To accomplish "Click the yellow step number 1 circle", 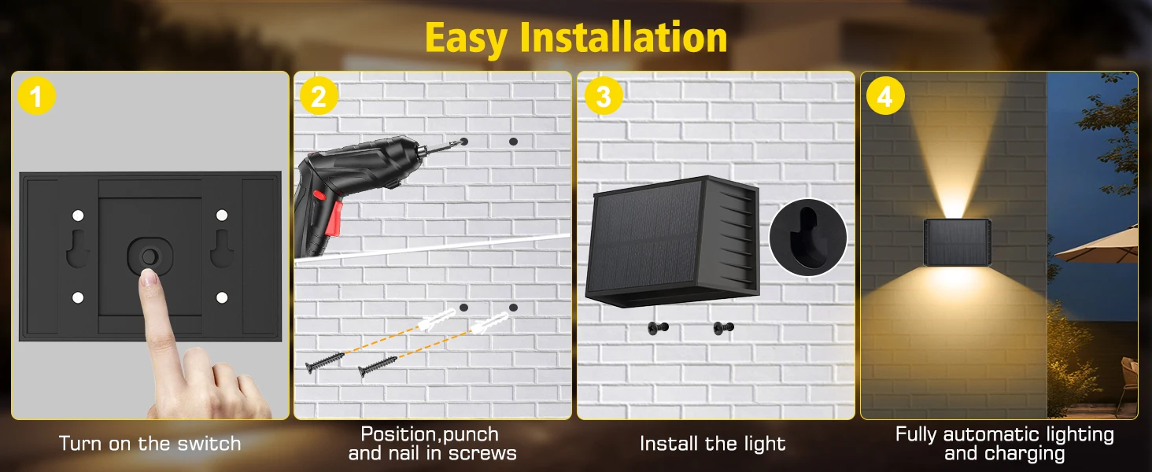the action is pyautogui.click(x=36, y=96).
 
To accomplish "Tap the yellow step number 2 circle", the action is pyautogui.click(x=319, y=96).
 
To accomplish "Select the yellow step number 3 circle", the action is pyautogui.click(x=604, y=96).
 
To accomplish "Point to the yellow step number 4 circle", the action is pyautogui.click(x=885, y=96).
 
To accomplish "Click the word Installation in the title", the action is pyautogui.click(x=623, y=37).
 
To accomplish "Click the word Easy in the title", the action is pyautogui.click(x=467, y=39).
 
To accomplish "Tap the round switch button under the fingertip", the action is pyautogui.click(x=150, y=256).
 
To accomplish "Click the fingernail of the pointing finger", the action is pyautogui.click(x=150, y=278).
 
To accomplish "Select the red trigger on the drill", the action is pyautogui.click(x=334, y=219).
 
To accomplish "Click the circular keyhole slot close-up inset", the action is pyautogui.click(x=808, y=237).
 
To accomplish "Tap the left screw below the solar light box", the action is pyautogui.click(x=658, y=327).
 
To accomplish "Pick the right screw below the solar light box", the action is pyautogui.click(x=724, y=327).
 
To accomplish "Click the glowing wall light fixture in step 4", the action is pyautogui.click(x=957, y=242).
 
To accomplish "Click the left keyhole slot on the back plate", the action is pyautogui.click(x=78, y=249).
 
